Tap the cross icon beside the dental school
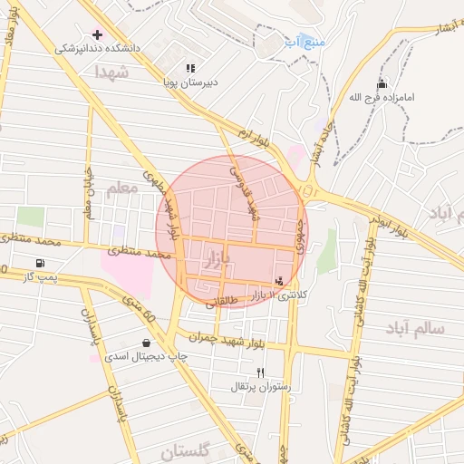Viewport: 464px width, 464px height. tap(98, 34)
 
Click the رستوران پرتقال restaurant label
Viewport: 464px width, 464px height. tap(261, 387)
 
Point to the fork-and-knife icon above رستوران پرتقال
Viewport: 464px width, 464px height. tap(260, 372)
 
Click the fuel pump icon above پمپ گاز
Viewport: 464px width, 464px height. tap(41, 263)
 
